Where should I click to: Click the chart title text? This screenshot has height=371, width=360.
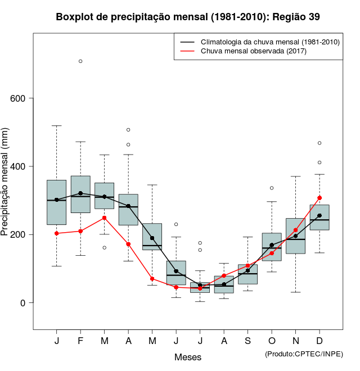[188, 17]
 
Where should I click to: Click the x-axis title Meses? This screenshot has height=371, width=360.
[188, 357]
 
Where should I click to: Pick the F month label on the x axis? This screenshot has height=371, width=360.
[80, 342]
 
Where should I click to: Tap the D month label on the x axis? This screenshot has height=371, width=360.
[319, 342]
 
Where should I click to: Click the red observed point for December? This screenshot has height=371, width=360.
[319, 198]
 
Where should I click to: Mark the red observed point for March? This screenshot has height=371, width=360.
[105, 218]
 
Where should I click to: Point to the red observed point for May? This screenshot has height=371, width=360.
[152, 279]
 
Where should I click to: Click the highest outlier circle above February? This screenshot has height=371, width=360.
[80, 61]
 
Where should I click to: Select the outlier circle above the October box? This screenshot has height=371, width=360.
[272, 188]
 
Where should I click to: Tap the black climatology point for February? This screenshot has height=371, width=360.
[80, 193]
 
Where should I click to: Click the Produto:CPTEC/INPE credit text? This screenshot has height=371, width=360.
[304, 354]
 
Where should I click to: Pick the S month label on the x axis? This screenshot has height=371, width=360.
[247, 342]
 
